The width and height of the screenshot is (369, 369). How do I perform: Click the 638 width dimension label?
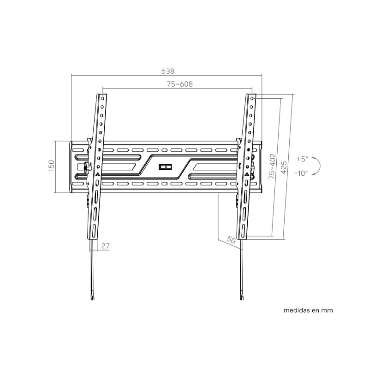[168, 71]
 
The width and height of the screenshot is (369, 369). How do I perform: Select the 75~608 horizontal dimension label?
[180, 84]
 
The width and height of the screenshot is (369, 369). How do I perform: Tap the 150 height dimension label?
[51, 166]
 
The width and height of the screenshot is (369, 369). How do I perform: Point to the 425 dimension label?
[284, 167]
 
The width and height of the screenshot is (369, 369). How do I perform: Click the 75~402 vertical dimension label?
[272, 166]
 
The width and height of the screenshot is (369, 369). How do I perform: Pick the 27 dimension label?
[106, 246]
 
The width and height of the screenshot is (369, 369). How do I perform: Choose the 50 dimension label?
[232, 240]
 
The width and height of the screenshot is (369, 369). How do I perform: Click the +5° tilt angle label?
[302, 159]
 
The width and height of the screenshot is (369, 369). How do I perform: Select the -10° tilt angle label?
[301, 173]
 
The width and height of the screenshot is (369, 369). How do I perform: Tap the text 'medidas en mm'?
[308, 310]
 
